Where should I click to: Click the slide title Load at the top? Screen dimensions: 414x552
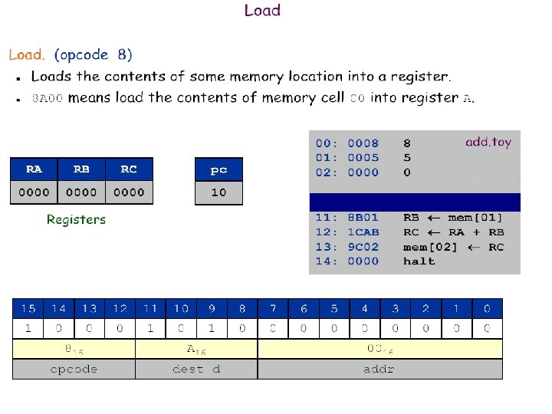(x=262, y=11)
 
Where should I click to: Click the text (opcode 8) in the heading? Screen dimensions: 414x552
(x=93, y=55)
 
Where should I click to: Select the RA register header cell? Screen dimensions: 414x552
(x=34, y=169)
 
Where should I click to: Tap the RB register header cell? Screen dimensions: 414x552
(x=81, y=169)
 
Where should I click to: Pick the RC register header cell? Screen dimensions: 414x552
(x=129, y=169)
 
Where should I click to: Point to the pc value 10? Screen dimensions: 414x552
(x=219, y=192)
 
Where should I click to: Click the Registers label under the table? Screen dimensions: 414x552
(x=76, y=220)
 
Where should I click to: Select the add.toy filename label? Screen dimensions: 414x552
(x=488, y=142)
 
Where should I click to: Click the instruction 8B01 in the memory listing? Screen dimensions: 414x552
(x=363, y=218)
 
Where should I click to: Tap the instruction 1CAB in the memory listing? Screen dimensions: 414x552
(x=363, y=232)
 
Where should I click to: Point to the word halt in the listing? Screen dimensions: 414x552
(x=419, y=261)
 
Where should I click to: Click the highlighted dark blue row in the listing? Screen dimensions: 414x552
(x=414, y=202)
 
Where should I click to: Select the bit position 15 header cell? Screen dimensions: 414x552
(x=28, y=309)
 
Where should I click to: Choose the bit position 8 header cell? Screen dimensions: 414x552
(x=242, y=309)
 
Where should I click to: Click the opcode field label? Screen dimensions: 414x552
(x=74, y=370)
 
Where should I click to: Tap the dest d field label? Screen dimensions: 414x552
(x=196, y=370)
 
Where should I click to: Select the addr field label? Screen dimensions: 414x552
(x=379, y=370)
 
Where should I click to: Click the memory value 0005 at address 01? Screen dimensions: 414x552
(x=363, y=158)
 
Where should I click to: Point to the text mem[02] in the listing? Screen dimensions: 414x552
(x=430, y=247)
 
